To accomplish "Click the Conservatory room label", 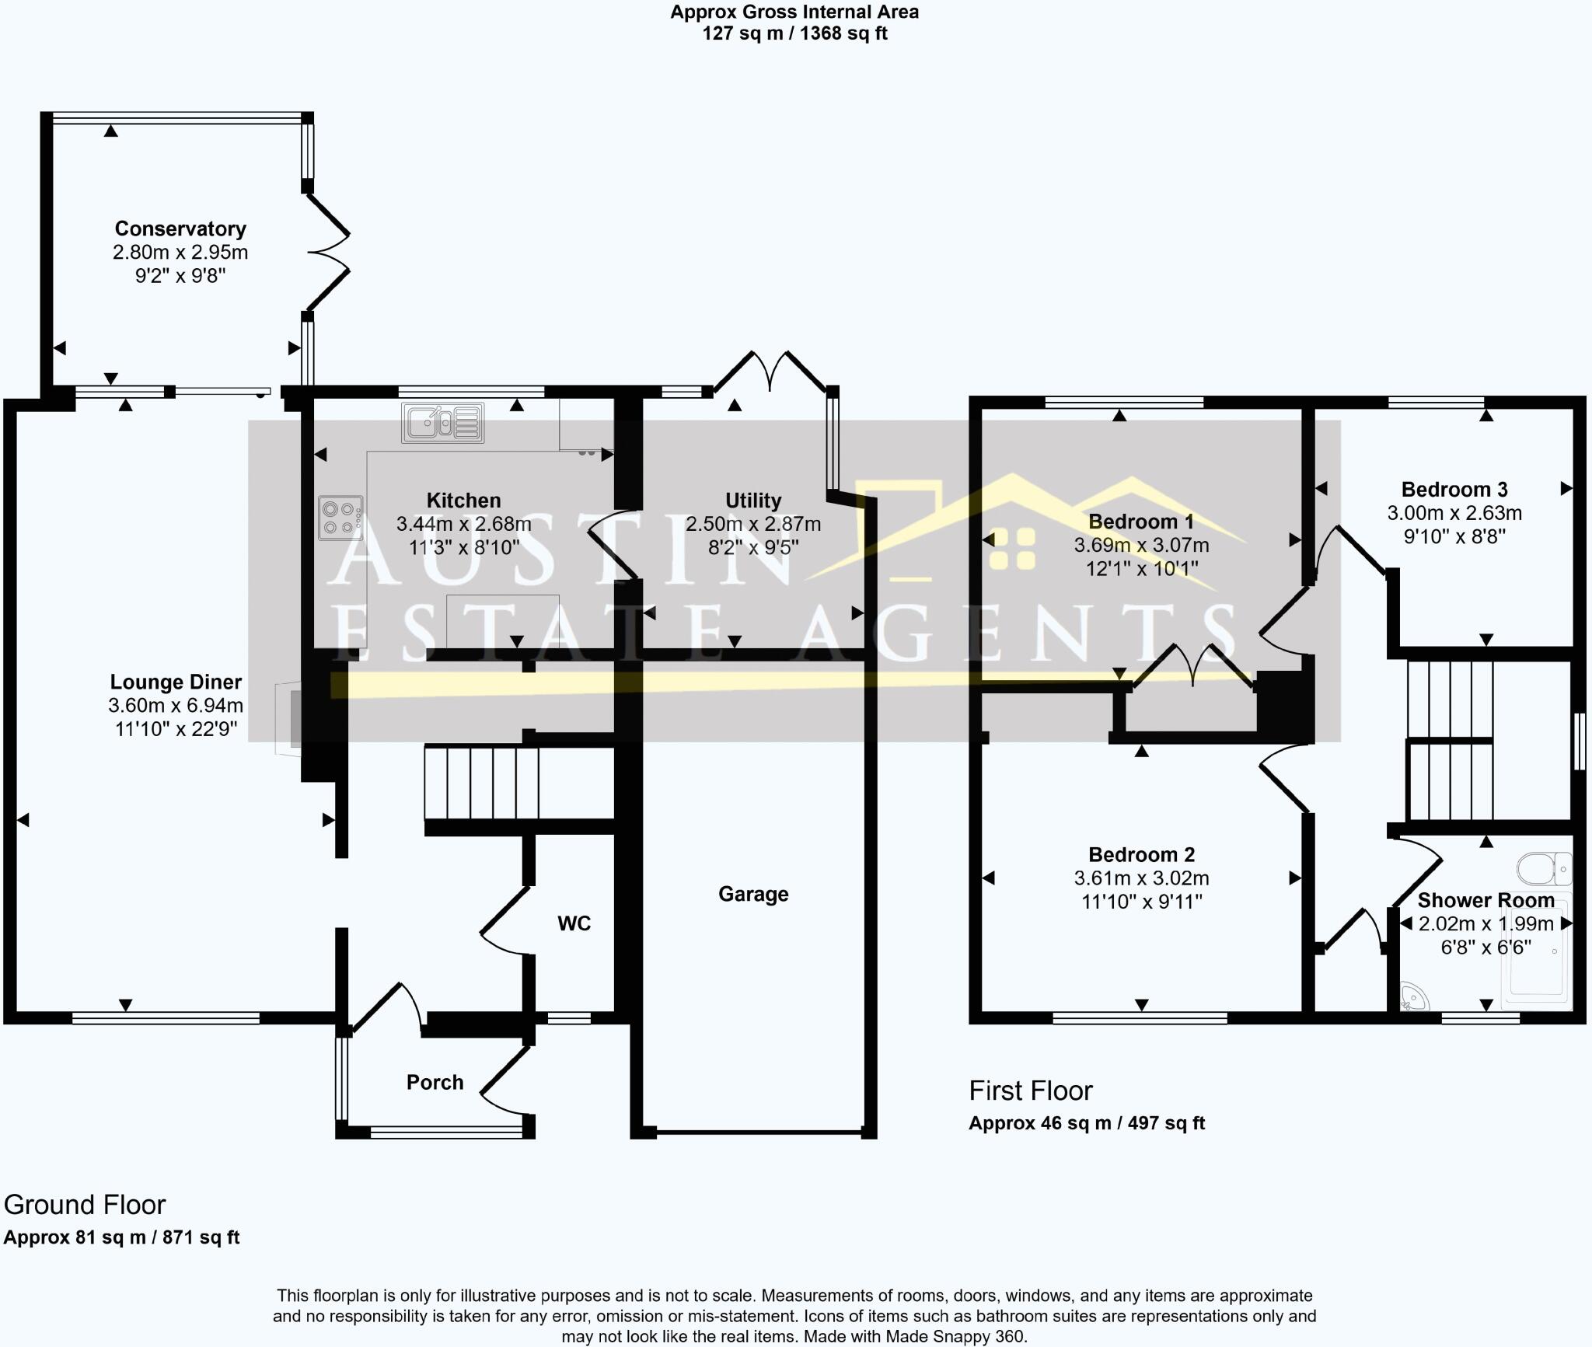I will pos(180,229).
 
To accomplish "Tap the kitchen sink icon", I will pos(442,423).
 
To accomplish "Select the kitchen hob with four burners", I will pos(340,518).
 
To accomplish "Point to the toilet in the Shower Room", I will pos(1544,869).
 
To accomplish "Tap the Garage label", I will pos(753,894).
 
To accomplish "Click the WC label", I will pos(574,923).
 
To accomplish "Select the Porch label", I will pos(435,1082).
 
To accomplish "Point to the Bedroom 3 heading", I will pos(1454,490).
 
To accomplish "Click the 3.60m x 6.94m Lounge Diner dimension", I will pos(176,706).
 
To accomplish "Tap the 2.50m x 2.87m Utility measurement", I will pos(752,524).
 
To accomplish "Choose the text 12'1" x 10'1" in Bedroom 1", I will pos(1141,569).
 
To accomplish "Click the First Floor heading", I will pos(1030,1091).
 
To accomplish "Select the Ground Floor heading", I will pos(85,1205).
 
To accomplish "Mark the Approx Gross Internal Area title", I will pos(794,12).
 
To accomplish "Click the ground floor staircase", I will pos(482,782).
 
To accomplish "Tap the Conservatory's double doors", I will pos(329,252).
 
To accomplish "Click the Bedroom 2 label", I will pos(1141,855).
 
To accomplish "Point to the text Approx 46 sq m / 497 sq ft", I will pos(1086,1123).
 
